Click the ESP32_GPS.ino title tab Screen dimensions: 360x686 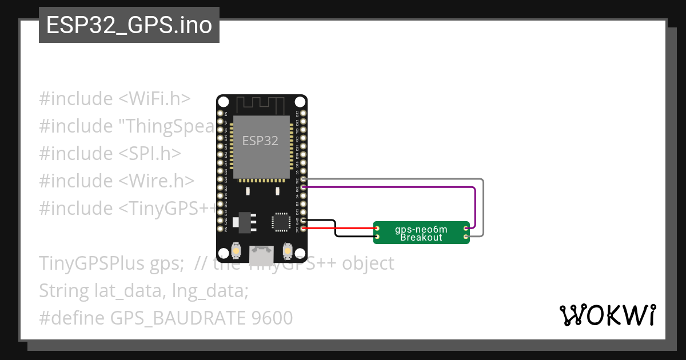point(129,25)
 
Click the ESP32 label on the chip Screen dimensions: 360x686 point(260,141)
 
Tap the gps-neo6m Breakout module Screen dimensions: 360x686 point(421,233)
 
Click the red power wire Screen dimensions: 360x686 point(343,229)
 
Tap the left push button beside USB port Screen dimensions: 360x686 point(236,250)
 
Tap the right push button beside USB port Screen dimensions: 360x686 point(287,250)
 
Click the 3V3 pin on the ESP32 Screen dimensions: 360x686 point(304,229)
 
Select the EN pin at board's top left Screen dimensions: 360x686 point(220,114)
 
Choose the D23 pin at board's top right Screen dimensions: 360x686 point(304,114)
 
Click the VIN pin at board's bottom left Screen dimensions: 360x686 point(220,229)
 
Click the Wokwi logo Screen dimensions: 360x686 point(607,315)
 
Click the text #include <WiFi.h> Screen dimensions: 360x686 point(114,98)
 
